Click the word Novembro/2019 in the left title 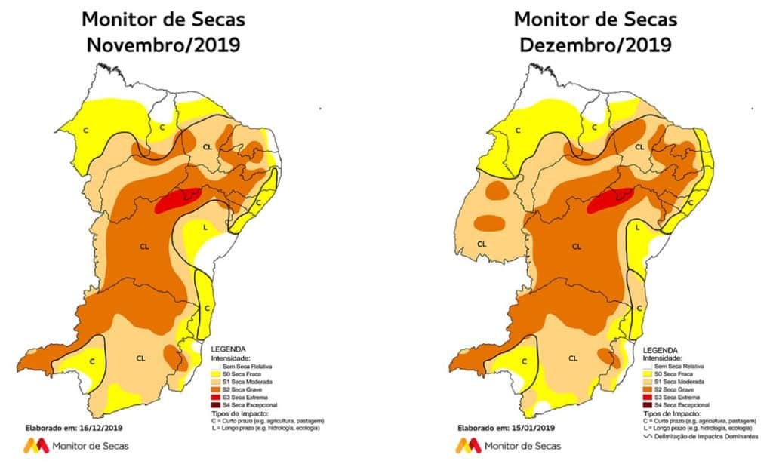point(163,45)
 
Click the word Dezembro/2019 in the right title point(596,45)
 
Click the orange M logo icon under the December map point(468,446)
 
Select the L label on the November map point(206,226)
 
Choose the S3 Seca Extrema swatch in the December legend point(646,398)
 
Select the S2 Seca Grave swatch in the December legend point(646,389)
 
